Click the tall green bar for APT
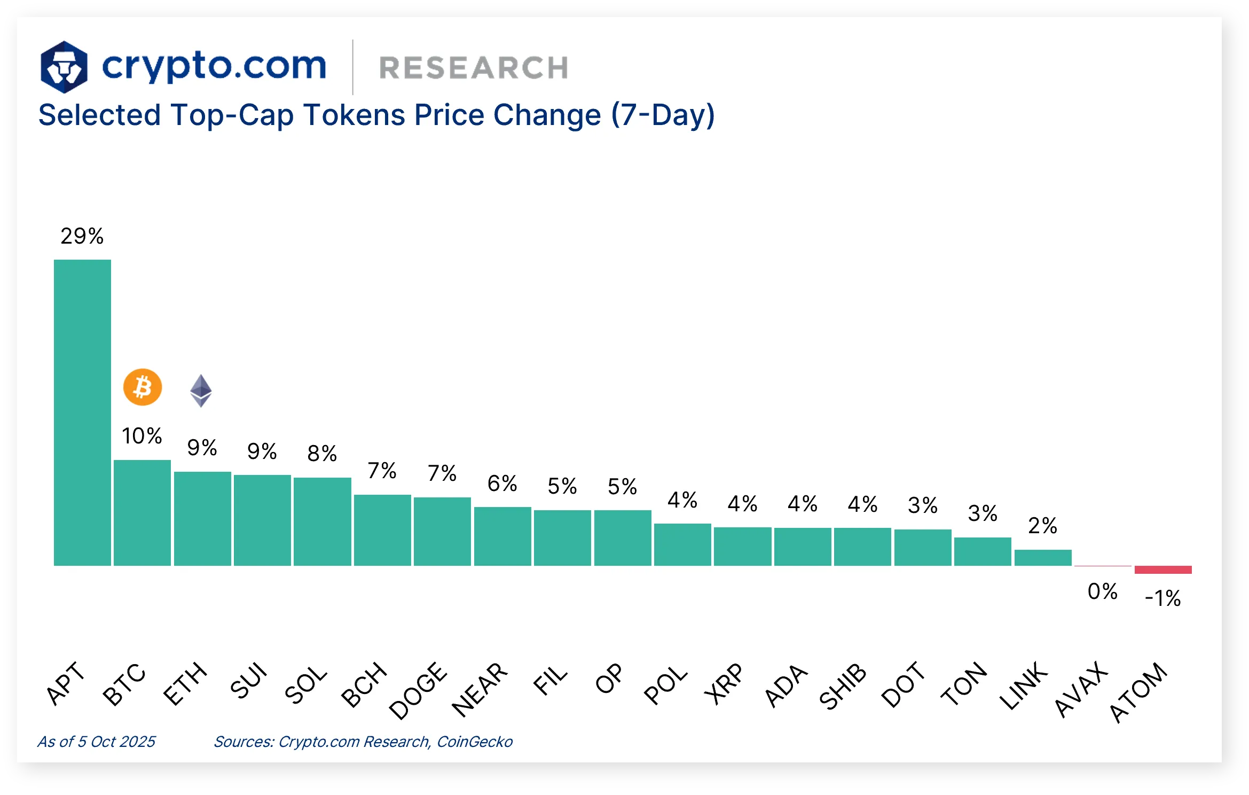coord(82,412)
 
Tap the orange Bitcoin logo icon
coord(142,387)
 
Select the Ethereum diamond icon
coord(201,391)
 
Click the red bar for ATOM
coord(1162,570)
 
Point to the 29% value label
coord(82,236)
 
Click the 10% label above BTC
coord(142,435)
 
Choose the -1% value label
coord(1162,598)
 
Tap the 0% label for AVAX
coord(1102,591)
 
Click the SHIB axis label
coord(843,686)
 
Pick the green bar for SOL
coord(322,521)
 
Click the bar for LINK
coord(1042,557)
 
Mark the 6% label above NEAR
coord(502,484)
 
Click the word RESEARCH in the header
coord(473,68)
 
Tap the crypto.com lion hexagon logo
coord(64,67)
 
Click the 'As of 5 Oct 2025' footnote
coord(96,742)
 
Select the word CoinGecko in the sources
coord(475,742)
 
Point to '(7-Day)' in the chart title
coord(663,115)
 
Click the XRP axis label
coord(724,683)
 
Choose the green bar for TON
coord(983,551)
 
